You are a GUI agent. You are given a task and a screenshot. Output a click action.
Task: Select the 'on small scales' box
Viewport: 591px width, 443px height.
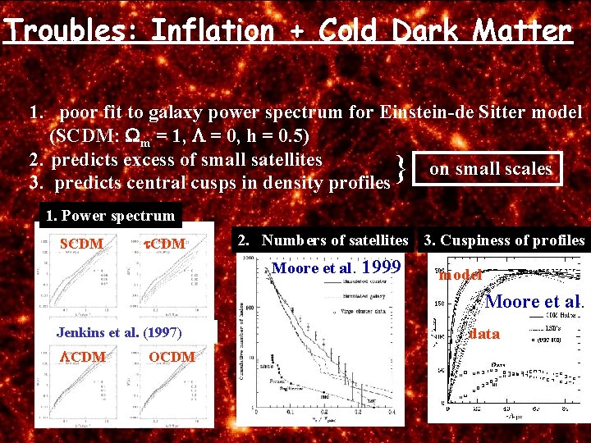(x=490, y=169)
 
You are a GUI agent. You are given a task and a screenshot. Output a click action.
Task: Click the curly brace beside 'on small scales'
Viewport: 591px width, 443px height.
(x=399, y=171)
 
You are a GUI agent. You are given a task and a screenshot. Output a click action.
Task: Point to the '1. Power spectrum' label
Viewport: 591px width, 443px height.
(x=111, y=216)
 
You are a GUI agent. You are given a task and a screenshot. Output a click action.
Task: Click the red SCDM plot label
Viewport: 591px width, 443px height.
(x=81, y=244)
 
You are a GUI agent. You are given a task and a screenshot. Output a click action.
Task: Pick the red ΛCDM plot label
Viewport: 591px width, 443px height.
(x=82, y=357)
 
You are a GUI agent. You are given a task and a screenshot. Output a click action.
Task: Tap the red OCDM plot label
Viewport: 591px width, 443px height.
(x=172, y=357)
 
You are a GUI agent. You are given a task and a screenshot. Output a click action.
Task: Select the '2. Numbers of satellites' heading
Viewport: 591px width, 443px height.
(x=323, y=240)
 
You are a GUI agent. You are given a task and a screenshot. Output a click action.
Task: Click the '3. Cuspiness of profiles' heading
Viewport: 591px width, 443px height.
(x=503, y=240)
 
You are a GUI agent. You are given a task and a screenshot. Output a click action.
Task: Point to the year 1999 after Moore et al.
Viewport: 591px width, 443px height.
(x=381, y=267)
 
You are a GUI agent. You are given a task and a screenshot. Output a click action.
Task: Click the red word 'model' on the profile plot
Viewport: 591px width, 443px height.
(x=460, y=275)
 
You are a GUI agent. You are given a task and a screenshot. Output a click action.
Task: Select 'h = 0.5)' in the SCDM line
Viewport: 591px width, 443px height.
(x=273, y=135)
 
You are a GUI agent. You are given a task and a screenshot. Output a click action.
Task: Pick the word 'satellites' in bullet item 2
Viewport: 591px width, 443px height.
(x=279, y=158)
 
